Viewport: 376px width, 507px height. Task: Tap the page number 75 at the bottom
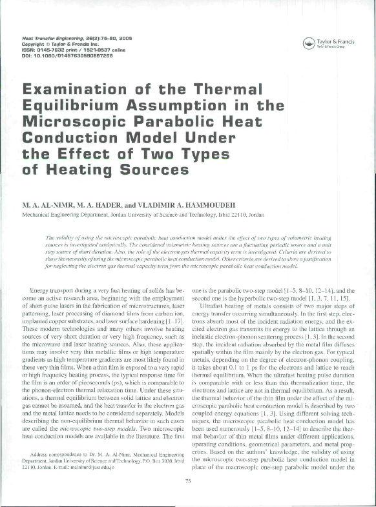pos(188,481)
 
